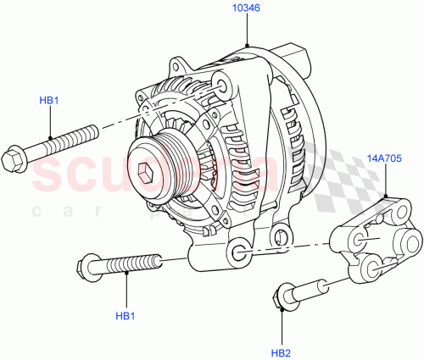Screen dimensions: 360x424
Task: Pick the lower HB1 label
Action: tap(126, 317)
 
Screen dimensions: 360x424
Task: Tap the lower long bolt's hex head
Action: tap(87, 267)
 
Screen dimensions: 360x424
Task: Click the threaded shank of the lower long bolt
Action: tap(136, 263)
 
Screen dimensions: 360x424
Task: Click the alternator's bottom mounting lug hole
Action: tap(240, 251)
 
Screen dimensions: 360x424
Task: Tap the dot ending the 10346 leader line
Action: tap(246, 44)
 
